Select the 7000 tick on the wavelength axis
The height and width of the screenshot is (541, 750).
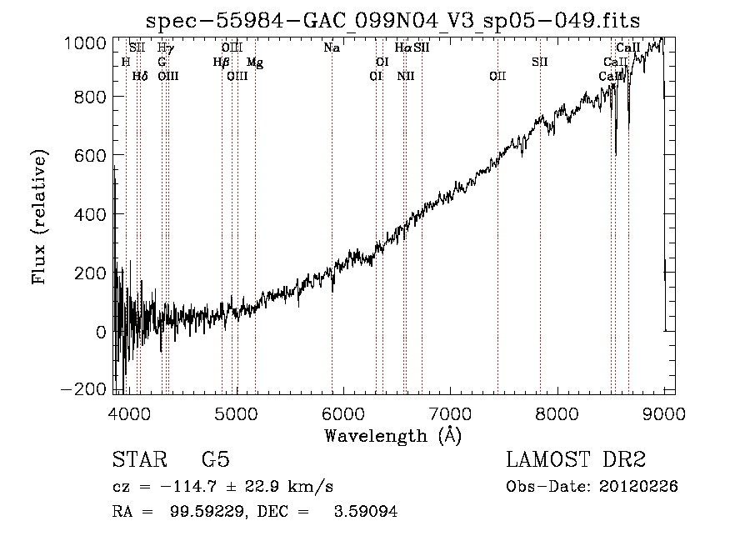450,412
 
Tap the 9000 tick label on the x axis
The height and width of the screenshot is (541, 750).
663,412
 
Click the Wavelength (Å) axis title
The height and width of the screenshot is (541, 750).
392,435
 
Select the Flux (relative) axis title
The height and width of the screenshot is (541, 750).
39,216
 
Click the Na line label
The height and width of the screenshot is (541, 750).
332,48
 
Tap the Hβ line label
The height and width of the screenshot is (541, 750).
221,63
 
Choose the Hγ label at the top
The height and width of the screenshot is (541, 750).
166,48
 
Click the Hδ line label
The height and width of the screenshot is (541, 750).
140,77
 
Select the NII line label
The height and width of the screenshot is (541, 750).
406,77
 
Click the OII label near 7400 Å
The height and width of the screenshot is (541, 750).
497,77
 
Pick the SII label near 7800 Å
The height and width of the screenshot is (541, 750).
540,63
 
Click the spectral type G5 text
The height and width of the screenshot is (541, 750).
215,460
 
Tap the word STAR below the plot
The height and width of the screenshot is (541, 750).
140,460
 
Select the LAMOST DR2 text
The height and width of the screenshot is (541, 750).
576,460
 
